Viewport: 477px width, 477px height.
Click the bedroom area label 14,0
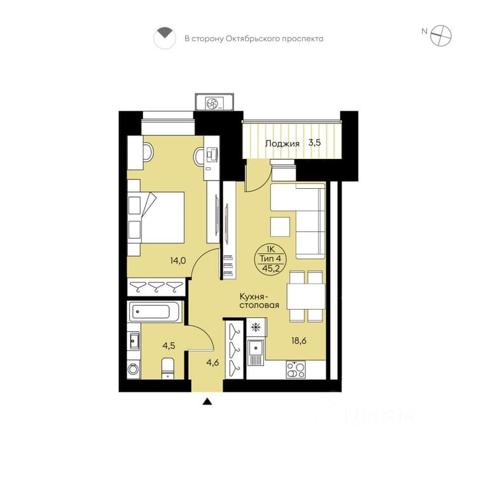tap(178, 261)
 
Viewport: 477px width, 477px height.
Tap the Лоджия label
tap(282, 144)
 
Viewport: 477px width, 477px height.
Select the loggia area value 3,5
tap(315, 142)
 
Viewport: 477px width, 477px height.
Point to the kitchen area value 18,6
tap(299, 341)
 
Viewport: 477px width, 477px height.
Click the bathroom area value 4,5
tap(169, 345)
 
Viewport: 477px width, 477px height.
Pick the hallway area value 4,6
tap(212, 363)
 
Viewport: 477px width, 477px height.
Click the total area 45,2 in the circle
tap(271, 268)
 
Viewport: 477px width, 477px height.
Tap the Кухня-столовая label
tap(259, 301)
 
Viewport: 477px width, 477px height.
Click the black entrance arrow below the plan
tap(207, 401)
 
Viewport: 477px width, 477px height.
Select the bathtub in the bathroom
tap(155, 312)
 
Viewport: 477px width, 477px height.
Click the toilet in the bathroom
tap(168, 368)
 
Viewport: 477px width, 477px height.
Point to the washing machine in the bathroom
tap(134, 369)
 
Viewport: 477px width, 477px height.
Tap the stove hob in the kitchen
tap(295, 370)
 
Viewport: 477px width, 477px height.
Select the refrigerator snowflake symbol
tap(256, 328)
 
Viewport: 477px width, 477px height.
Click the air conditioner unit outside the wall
tap(214, 102)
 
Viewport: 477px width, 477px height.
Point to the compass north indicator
tap(425, 31)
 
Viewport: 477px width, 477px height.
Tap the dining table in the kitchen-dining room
tap(306, 296)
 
